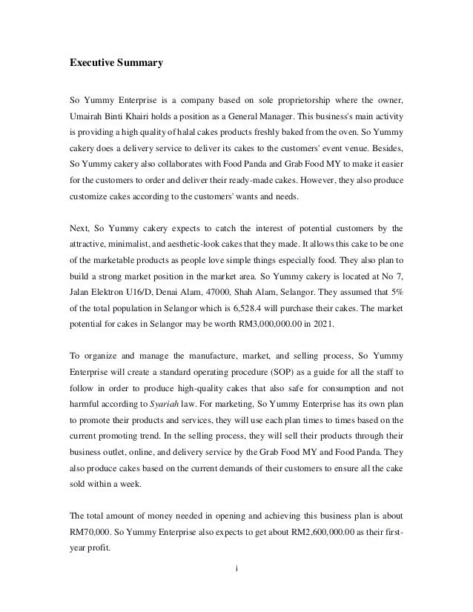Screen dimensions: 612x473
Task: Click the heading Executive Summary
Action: (116, 64)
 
